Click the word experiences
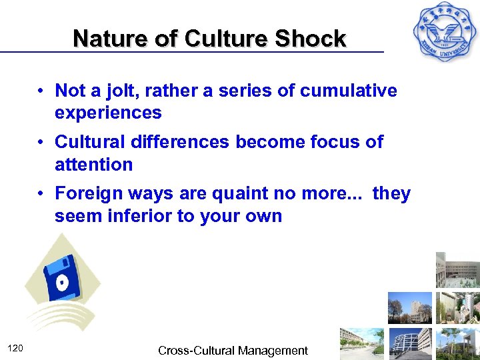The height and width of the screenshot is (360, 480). [108, 113]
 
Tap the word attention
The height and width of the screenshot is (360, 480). [94, 164]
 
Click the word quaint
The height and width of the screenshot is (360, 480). [245, 194]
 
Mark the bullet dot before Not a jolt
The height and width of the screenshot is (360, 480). [41, 91]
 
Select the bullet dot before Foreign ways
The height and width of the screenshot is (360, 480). [41, 194]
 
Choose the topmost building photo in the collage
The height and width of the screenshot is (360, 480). [457, 270]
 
